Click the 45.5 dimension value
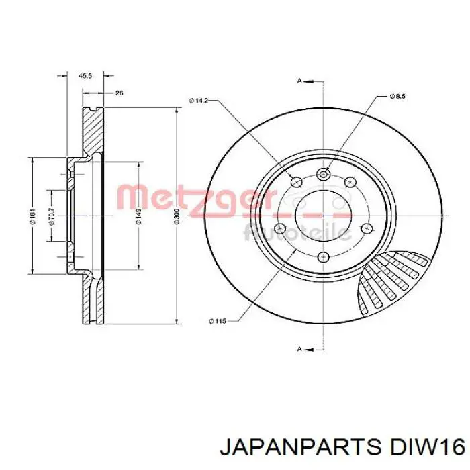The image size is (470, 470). point(85,76)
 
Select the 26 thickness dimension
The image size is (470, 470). point(119,93)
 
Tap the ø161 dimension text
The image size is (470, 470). point(32,216)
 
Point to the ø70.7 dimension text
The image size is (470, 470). point(50,216)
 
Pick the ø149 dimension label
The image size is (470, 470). point(138,216)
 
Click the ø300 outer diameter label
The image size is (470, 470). point(177,216)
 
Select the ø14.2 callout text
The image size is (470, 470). point(199,101)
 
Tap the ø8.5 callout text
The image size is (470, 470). point(397,97)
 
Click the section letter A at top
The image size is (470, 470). point(299,81)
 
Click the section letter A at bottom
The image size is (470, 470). point(299,349)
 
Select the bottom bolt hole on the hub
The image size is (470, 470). point(322,256)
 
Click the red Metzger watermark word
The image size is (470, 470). point(195,198)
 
